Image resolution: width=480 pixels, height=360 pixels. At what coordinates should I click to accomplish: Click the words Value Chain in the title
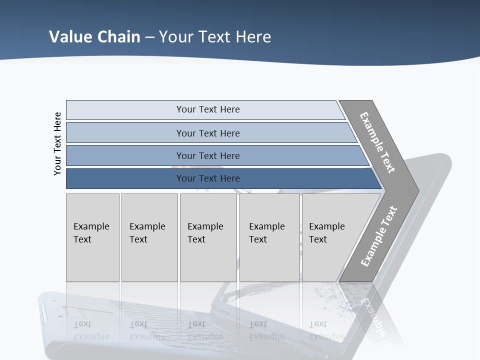click(94, 37)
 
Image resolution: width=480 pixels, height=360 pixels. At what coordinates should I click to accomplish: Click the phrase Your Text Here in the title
click(215, 37)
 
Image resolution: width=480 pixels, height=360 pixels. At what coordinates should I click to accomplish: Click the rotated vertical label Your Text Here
click(57, 144)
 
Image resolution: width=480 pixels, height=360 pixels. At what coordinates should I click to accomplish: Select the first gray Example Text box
click(92, 237)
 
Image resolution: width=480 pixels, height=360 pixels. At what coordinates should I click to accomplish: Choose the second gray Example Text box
click(149, 237)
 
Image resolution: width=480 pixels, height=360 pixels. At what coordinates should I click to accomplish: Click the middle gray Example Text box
click(208, 237)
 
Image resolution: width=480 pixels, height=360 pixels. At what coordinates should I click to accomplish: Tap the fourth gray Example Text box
click(269, 237)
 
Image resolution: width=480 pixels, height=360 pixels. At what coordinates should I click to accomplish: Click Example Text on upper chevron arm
click(377, 142)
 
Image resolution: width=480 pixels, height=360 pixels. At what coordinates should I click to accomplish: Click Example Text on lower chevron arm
click(379, 236)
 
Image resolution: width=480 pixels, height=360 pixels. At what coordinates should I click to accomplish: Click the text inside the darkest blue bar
click(208, 178)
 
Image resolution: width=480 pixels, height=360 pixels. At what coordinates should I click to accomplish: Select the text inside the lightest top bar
click(208, 109)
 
